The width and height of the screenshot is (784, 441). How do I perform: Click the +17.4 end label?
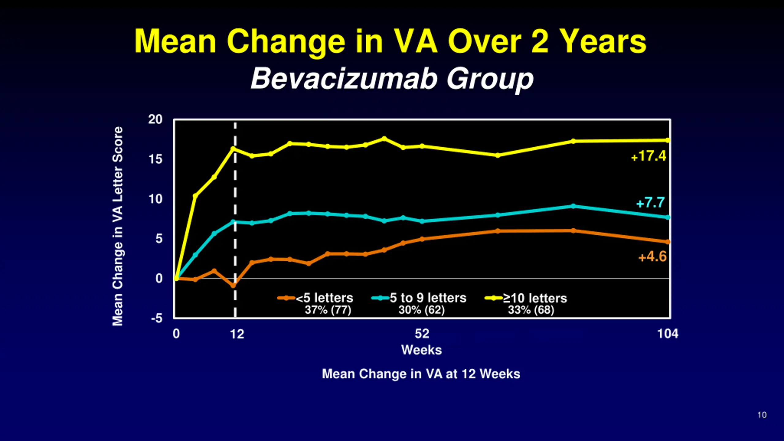click(x=649, y=156)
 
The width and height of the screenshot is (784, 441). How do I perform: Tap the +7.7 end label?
click(x=650, y=203)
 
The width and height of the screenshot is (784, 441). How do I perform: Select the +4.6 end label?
click(x=652, y=257)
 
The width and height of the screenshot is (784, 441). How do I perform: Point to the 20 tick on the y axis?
click(x=155, y=119)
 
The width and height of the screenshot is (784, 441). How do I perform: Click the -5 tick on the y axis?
click(x=157, y=318)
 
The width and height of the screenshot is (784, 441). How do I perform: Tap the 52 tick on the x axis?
click(x=422, y=334)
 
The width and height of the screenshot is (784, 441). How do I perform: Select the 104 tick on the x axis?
click(x=668, y=334)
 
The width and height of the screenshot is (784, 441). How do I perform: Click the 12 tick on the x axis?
click(x=237, y=334)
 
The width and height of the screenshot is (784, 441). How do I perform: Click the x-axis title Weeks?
click(x=421, y=350)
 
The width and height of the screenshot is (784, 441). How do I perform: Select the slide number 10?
click(x=762, y=415)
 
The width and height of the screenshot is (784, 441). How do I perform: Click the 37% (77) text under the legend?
click(x=328, y=310)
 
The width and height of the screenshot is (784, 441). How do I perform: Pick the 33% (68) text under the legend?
click(x=531, y=310)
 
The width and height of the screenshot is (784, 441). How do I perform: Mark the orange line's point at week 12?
click(x=233, y=285)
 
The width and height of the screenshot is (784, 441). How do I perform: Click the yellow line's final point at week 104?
click(x=668, y=140)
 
